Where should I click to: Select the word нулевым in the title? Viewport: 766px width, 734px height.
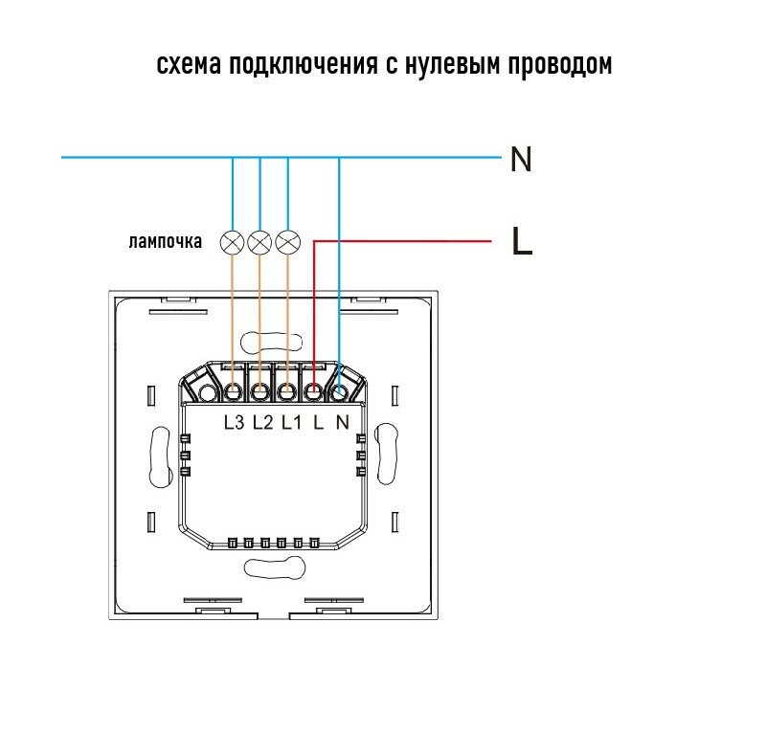(459, 66)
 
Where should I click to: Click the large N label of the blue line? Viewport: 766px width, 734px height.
(521, 159)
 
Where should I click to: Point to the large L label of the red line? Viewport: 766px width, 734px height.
(522, 242)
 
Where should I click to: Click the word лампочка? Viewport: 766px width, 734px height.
(165, 242)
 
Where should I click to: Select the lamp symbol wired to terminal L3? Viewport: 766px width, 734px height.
(232, 242)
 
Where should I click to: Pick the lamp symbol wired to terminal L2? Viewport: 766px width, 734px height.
(259, 242)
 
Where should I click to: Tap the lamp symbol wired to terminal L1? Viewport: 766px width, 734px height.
(287, 242)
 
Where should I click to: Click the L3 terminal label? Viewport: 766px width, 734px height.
(235, 422)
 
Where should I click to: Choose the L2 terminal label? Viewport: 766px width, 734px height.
(263, 422)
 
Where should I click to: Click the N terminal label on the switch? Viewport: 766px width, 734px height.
(341, 422)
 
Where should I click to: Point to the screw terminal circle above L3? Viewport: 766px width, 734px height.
(234, 391)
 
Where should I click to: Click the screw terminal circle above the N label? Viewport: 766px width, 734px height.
(340, 391)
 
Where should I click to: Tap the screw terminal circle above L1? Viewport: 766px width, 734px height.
(287, 391)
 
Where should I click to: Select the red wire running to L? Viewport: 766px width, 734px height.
(402, 241)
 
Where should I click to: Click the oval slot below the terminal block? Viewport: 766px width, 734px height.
(273, 567)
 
